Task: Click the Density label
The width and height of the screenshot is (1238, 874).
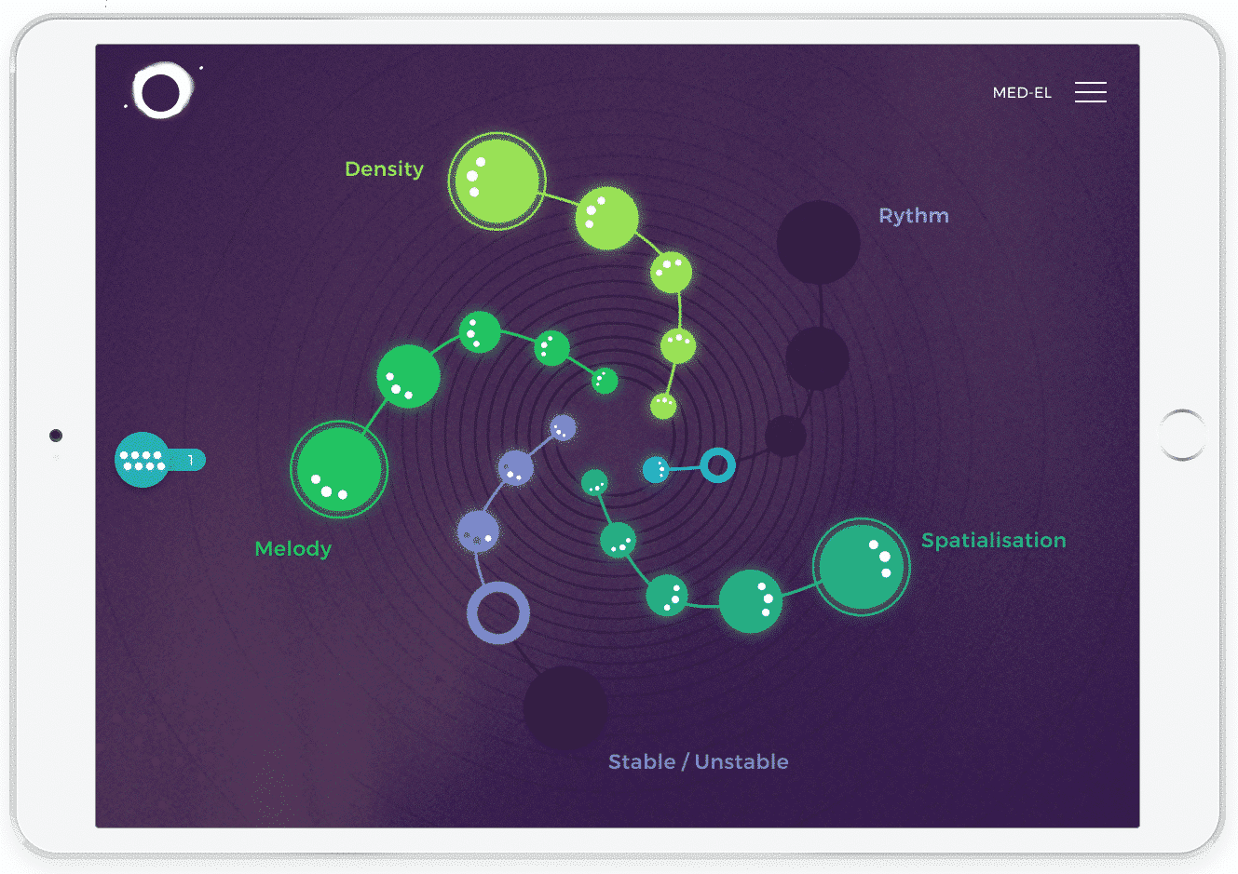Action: coord(384,169)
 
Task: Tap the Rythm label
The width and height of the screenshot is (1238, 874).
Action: coord(914,216)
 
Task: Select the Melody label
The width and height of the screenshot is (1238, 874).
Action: coord(292,549)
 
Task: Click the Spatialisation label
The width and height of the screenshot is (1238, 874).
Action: coord(994,541)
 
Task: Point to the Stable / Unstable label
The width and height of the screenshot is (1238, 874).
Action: coord(698,762)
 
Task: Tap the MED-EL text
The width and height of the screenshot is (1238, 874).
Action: coord(1022,93)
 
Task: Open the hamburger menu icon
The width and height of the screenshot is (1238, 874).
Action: coord(1091,92)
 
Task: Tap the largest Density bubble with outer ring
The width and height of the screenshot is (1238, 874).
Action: coord(497,182)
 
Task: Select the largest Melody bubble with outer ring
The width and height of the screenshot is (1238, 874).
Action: coord(339,470)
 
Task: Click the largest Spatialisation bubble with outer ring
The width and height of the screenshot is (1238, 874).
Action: coord(861,567)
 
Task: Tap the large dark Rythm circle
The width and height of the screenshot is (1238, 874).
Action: coord(819,242)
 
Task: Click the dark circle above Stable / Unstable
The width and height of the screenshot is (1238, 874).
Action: coord(565,707)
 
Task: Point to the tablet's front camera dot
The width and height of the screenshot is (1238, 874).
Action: coord(56,436)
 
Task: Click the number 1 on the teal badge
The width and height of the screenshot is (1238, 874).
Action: coord(191,460)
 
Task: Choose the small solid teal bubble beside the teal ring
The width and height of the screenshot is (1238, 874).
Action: coord(656,470)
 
